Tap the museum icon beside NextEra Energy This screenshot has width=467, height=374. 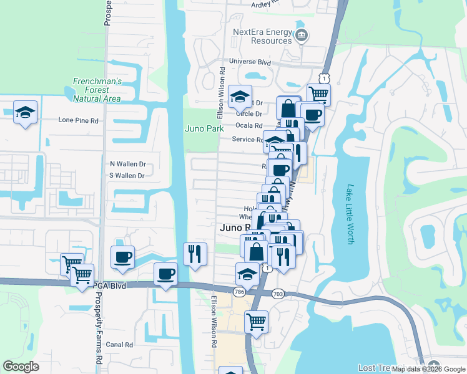(302, 35)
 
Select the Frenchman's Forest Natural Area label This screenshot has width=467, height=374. (97, 90)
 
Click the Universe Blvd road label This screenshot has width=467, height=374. (250, 62)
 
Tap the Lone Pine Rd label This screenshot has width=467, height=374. (79, 120)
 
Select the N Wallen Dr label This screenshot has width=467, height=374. (127, 164)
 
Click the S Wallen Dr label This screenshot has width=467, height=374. (127, 176)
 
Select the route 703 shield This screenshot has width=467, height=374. (278, 293)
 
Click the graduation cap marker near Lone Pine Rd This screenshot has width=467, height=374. (26, 112)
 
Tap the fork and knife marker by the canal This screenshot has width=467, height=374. (195, 253)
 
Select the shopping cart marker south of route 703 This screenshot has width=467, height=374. (257, 322)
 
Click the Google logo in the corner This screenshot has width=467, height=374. (21, 367)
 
